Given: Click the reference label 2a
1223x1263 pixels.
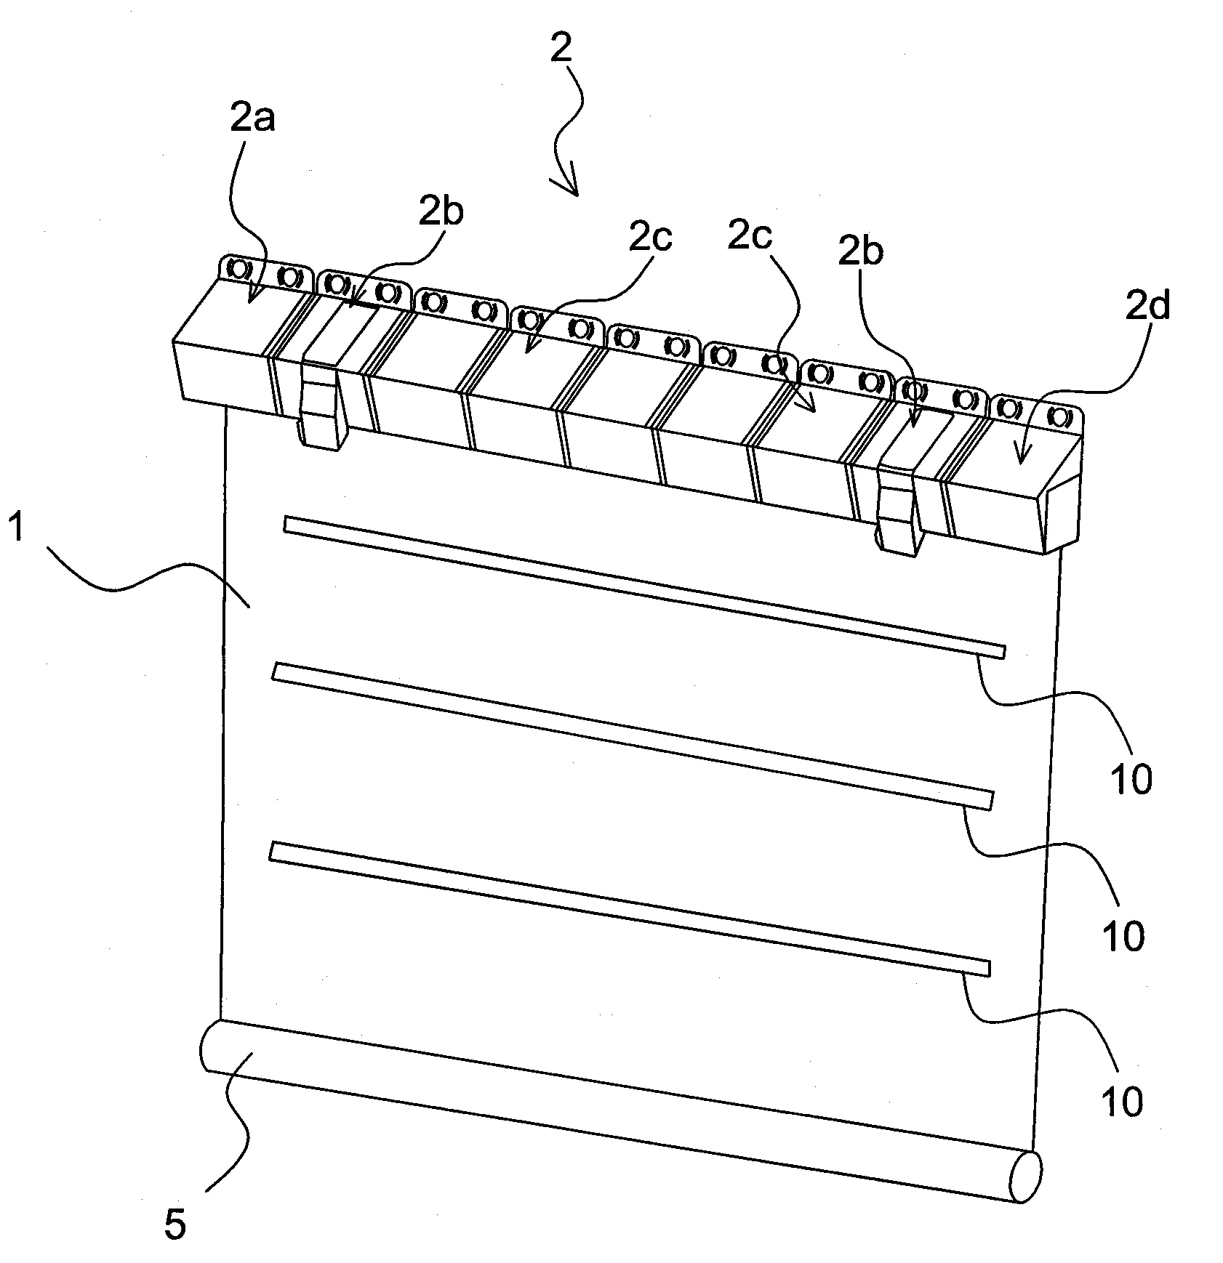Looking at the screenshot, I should click(x=252, y=118).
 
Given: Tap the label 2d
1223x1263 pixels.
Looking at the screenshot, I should click(x=1149, y=307).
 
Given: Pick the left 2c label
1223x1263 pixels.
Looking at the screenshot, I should click(x=651, y=238).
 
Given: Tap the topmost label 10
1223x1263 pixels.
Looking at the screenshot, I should click(x=1132, y=780).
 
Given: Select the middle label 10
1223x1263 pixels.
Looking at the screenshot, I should click(x=1124, y=937).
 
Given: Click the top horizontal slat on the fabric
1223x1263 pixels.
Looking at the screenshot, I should click(x=644, y=584).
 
